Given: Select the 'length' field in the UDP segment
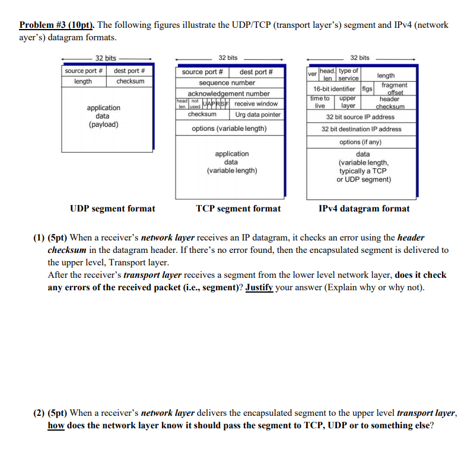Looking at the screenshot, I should [83, 81].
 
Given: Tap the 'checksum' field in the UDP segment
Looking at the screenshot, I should [130, 81].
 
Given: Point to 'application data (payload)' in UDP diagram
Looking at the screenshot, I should [103, 116].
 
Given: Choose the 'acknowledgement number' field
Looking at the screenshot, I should [228, 94].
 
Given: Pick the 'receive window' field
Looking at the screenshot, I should [256, 104].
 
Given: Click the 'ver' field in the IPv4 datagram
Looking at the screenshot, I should [312, 75].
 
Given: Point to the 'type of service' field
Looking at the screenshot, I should [348, 75].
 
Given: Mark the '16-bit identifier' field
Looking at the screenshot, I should [334, 89].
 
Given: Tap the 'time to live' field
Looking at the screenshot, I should [320, 102].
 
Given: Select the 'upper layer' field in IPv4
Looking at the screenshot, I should [348, 102].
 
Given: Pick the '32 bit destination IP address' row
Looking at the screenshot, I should [361, 129].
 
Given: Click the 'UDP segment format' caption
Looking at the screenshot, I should [112, 209].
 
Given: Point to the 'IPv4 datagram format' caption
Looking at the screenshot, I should [364, 209].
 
